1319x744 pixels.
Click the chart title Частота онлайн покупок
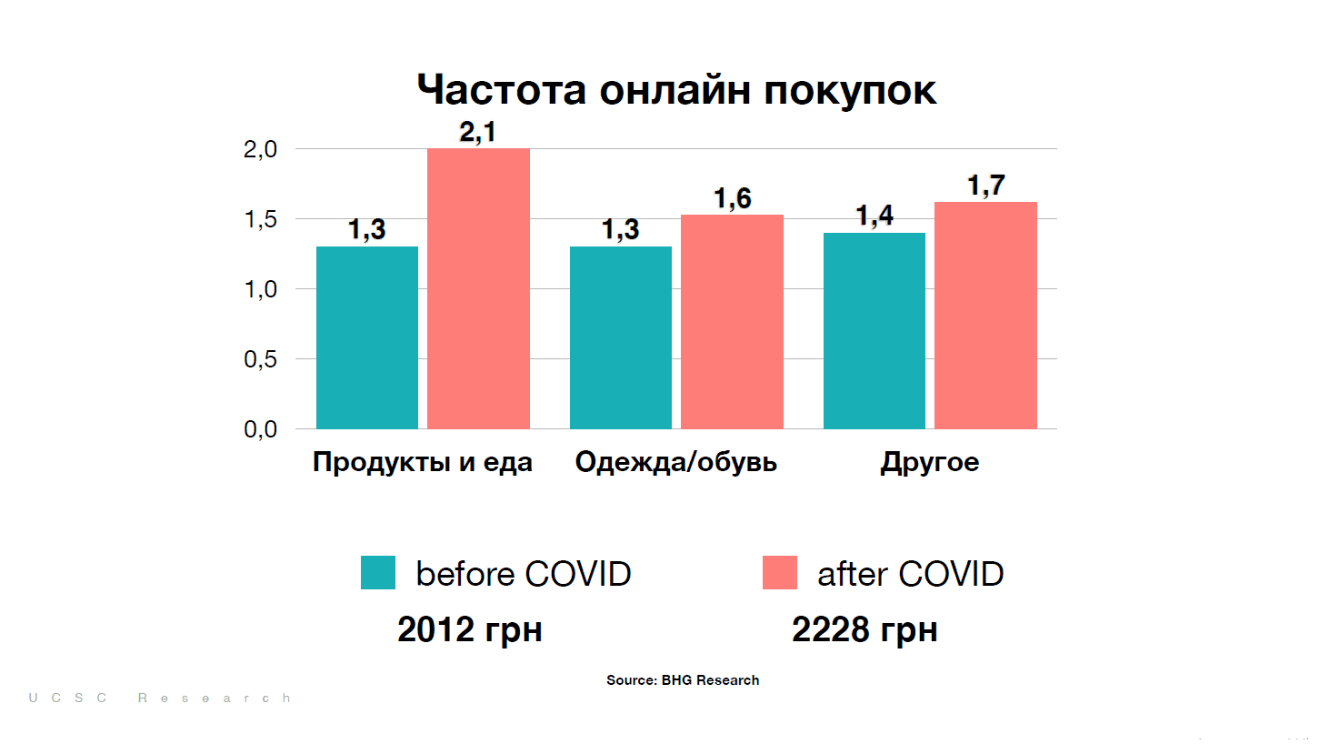(676, 90)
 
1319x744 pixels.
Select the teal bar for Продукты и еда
(366, 337)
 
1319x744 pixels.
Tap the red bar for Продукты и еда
(478, 289)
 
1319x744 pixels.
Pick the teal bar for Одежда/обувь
(620, 337)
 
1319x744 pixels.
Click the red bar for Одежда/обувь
(732, 322)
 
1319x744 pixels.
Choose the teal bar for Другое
(874, 331)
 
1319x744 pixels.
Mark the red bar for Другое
(985, 316)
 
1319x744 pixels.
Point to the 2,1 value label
(477, 133)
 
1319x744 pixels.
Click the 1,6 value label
(732, 198)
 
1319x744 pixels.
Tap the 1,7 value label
(985, 186)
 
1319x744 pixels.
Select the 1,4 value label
(874, 216)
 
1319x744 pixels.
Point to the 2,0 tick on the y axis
(260, 149)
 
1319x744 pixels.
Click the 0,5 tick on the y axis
(260, 359)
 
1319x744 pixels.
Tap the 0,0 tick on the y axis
(260, 429)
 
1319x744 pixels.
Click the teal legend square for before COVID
(378, 573)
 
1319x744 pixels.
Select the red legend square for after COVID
(779, 573)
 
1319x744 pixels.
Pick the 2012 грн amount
(469, 629)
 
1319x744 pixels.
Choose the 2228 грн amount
(864, 629)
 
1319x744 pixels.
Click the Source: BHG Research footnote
(683, 679)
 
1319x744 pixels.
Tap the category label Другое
(930, 462)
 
